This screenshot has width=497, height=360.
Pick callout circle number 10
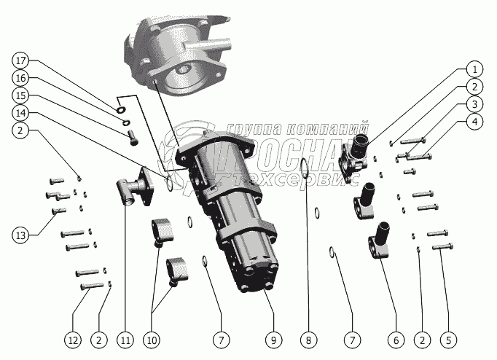[x=154, y=339]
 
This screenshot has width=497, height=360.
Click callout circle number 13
[x=21, y=235]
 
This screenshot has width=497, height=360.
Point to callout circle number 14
[x=21, y=113]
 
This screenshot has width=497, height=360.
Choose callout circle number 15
[x=21, y=95]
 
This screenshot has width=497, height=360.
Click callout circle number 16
[x=21, y=77]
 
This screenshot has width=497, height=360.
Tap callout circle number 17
[x=21, y=60]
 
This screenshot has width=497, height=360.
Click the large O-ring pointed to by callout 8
[x=304, y=179]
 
